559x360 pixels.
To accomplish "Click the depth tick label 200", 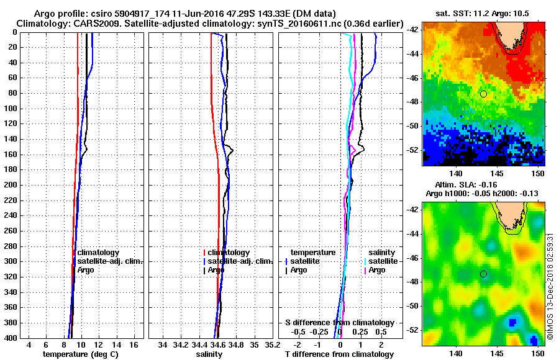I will (x=10, y=185).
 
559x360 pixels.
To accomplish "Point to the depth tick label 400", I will (x=10, y=338).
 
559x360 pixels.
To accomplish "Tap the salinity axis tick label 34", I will (x=163, y=344).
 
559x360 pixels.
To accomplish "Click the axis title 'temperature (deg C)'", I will (x=80, y=354).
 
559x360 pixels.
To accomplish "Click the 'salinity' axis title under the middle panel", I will (x=210, y=354).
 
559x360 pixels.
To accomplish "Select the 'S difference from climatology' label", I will (x=340, y=323).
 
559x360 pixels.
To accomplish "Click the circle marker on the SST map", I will (x=483, y=94).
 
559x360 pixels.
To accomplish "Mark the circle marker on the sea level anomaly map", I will (x=483, y=274).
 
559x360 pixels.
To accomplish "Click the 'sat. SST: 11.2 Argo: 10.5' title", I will (x=484, y=14).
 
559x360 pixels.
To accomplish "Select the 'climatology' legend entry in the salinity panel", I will (x=229, y=253).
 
